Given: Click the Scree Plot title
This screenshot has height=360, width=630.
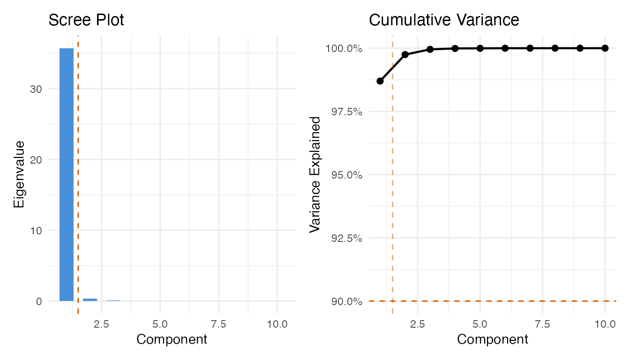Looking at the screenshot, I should coord(86,20).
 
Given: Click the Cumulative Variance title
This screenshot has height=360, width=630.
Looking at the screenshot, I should coord(444,20).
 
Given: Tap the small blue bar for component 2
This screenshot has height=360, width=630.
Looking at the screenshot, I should coord(90,300).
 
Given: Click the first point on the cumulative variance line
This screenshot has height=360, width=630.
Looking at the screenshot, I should coord(380,81).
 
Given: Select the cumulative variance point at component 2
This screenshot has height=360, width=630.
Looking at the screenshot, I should coord(405,54).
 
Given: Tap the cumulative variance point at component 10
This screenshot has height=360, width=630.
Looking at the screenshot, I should coord(605,48).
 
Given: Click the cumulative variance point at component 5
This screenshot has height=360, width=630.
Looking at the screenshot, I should coord(480,48).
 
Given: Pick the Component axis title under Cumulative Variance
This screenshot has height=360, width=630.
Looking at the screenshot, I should coord(493,339).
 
